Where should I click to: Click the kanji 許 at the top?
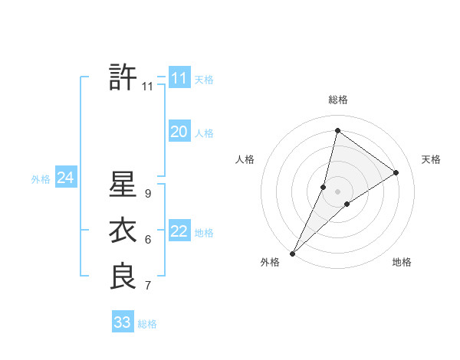(x=123, y=78)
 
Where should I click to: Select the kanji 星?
(x=123, y=185)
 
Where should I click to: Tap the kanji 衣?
(x=123, y=231)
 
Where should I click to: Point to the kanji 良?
(x=123, y=276)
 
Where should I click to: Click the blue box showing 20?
(x=179, y=132)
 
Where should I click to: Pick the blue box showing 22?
(x=179, y=231)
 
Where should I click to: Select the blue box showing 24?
(x=66, y=178)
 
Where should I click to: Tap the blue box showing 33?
(x=123, y=322)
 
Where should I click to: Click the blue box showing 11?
(x=179, y=78)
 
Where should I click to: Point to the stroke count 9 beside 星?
(x=147, y=195)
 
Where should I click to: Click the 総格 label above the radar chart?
(x=338, y=100)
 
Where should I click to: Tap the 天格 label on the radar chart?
(x=431, y=159)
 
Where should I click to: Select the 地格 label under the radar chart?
(x=402, y=262)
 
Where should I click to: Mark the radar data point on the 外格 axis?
(x=293, y=254)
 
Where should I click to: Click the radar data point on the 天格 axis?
(x=396, y=172)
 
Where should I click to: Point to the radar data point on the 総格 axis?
(x=337, y=131)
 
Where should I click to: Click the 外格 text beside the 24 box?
(x=41, y=179)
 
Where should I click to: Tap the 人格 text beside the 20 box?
(x=204, y=133)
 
